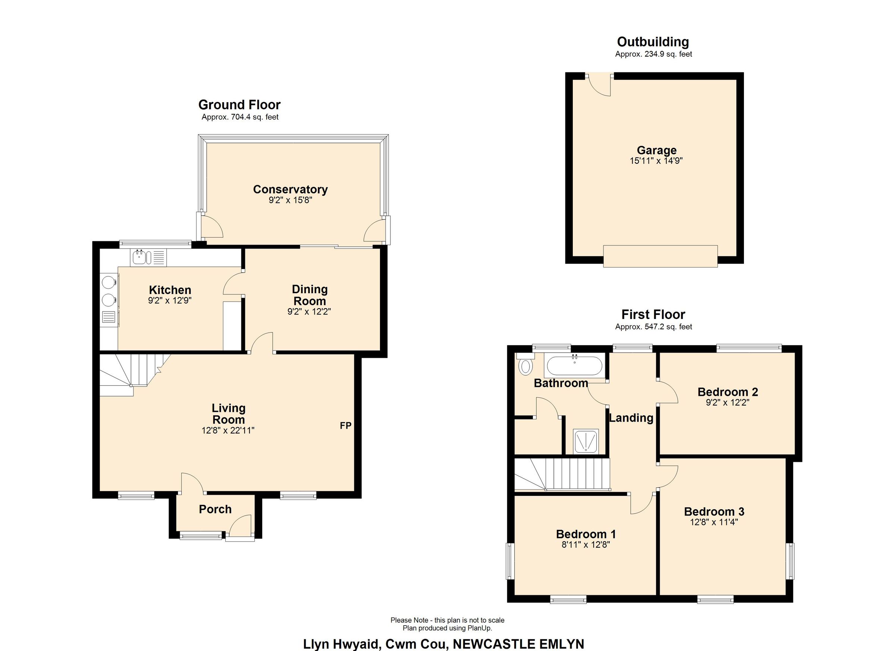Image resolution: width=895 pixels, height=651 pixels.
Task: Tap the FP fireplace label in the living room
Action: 346,426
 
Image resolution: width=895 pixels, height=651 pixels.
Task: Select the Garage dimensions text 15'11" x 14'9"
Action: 656,161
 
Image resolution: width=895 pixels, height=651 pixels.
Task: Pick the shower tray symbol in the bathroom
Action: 585,441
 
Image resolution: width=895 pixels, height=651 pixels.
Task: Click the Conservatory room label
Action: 290,190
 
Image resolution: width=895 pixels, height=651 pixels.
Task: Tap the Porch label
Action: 215,509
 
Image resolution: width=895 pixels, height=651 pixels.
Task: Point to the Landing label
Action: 631,418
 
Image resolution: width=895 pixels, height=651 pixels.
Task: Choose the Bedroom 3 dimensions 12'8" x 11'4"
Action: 713,522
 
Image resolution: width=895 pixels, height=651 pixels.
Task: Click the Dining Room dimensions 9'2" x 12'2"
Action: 309,312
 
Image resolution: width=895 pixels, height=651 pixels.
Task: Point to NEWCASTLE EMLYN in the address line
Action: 518,644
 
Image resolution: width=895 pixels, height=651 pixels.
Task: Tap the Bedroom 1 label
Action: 585,534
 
